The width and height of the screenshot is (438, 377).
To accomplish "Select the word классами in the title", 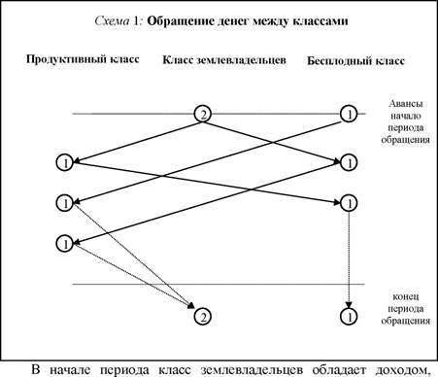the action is pyautogui.click(x=320, y=21).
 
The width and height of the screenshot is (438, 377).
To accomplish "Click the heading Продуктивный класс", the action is pyautogui.click(x=83, y=59).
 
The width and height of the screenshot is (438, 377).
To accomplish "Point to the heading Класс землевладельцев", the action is pyautogui.click(x=224, y=60).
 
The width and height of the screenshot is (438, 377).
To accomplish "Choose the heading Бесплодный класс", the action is pyautogui.click(x=355, y=61).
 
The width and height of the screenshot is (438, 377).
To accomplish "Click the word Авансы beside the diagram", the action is pyautogui.click(x=406, y=104).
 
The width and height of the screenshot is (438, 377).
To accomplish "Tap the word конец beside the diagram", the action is pyautogui.click(x=406, y=296).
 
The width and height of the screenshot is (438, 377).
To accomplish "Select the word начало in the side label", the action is pyautogui.click(x=406, y=116).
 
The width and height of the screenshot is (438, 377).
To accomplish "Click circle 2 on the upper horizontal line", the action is pyautogui.click(x=203, y=114).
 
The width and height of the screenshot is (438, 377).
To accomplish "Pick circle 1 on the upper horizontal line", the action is pyautogui.click(x=349, y=114).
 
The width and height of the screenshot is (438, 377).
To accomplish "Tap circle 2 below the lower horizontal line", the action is pyautogui.click(x=203, y=317).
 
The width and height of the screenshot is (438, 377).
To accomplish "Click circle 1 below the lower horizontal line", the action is pyautogui.click(x=349, y=317).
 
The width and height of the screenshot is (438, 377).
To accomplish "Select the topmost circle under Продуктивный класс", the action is pyautogui.click(x=65, y=162).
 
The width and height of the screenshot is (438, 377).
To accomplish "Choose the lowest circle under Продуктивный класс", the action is pyautogui.click(x=65, y=244).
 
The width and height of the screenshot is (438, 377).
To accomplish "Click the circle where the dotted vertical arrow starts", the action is pyautogui.click(x=349, y=203).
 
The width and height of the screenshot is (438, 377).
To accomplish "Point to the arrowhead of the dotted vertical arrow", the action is pyautogui.click(x=349, y=305).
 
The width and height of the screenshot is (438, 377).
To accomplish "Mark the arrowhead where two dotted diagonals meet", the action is pyautogui.click(x=191, y=305).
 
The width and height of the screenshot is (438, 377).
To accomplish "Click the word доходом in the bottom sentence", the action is pyautogui.click(x=399, y=370).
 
